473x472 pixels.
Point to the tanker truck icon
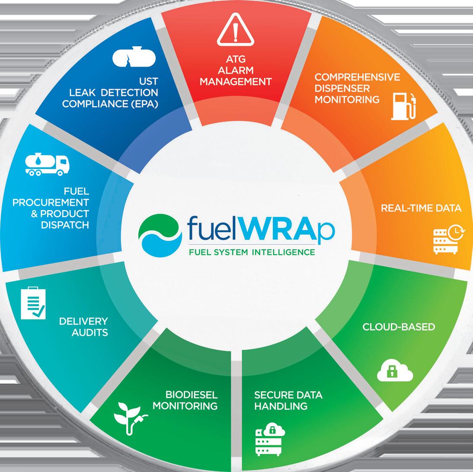[47, 165]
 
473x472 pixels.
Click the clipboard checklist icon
[33, 303]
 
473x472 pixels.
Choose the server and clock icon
[448, 239]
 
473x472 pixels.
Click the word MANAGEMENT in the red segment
[235, 81]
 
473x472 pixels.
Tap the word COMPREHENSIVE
[357, 77]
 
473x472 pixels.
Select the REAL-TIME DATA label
[421, 208]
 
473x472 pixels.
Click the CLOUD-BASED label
[398, 326]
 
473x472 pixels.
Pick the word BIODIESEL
[191, 395]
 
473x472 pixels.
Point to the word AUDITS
[90, 333]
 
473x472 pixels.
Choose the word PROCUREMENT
[51, 202]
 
